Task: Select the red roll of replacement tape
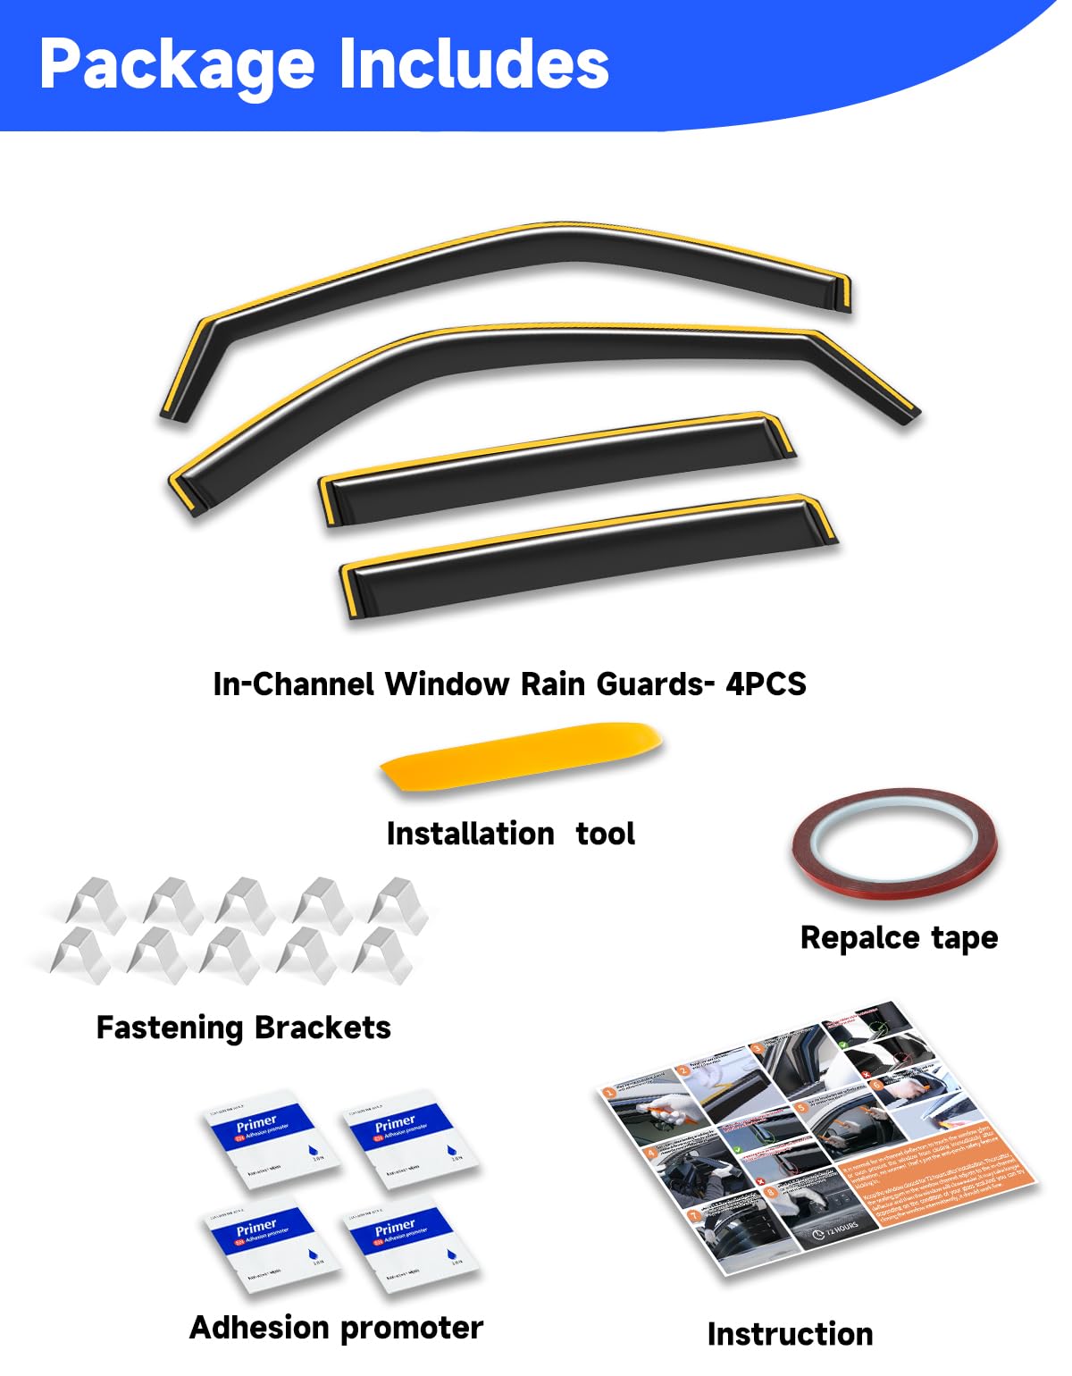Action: [894, 840]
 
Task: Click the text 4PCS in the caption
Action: [766, 684]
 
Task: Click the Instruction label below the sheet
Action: [790, 1334]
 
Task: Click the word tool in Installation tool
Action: [605, 835]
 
